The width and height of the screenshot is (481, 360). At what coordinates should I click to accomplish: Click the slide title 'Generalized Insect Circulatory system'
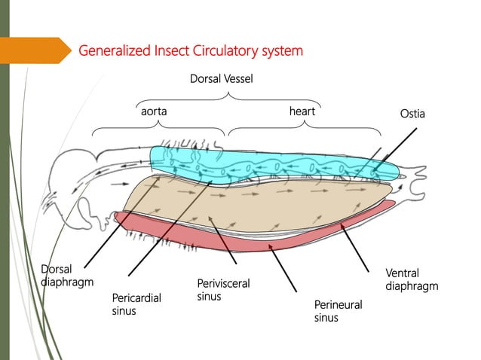point(191,51)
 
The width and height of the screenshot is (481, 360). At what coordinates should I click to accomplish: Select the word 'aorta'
point(154,111)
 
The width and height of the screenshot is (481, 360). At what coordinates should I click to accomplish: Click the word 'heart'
point(302,111)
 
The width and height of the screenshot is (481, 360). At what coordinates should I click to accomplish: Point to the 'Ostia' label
point(412,114)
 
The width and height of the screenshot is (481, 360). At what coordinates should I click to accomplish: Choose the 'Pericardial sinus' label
point(136,304)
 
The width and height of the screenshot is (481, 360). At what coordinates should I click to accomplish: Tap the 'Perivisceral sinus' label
point(222,290)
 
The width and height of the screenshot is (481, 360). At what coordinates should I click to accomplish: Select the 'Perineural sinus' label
point(338,311)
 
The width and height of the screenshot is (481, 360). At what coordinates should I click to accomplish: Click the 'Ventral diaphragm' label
point(411,279)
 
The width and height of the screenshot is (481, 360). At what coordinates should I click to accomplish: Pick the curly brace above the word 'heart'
point(304,127)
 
